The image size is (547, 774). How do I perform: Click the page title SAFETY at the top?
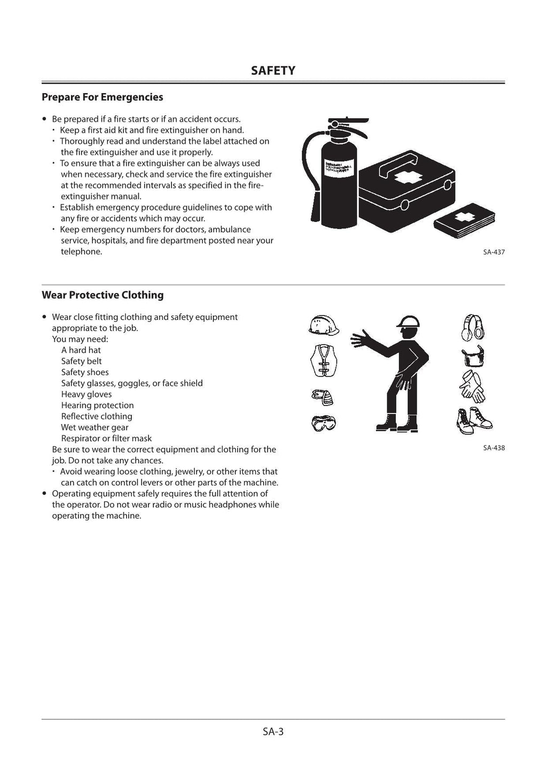click(273, 71)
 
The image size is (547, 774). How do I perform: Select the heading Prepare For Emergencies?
click(102, 97)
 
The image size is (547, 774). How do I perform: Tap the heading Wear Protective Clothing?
click(103, 295)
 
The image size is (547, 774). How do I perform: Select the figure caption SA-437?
click(494, 252)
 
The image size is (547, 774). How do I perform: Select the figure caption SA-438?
click(494, 448)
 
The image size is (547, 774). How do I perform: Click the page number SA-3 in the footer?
click(273, 732)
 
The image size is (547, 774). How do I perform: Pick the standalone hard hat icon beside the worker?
click(324, 325)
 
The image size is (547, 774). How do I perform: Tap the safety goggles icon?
click(323, 423)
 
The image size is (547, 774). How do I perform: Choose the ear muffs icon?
click(472, 327)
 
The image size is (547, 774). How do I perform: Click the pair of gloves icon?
click(472, 387)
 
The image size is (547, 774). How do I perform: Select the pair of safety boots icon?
click(474, 420)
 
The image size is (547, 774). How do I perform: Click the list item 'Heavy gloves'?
click(87, 394)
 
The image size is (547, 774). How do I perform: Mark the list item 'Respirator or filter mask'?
click(106, 439)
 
